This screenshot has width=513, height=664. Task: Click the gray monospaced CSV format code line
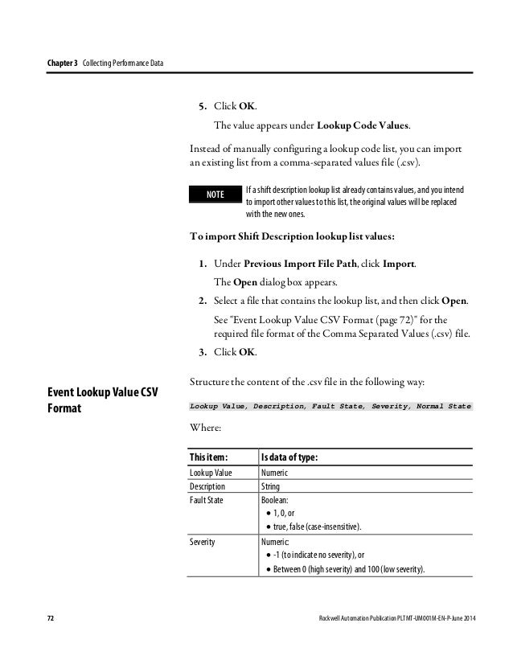[x=330, y=407]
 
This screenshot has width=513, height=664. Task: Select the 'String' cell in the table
[x=271, y=486]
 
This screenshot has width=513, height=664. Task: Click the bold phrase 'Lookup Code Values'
[x=363, y=125]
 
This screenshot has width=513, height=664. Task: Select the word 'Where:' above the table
[x=206, y=429]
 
